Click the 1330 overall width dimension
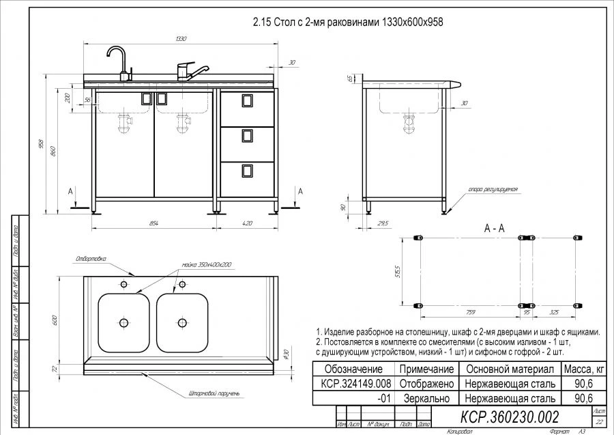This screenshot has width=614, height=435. tap(181, 39)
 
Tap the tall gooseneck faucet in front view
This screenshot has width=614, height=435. tap(117, 61)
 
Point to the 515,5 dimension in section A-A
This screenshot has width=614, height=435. tap(407, 271)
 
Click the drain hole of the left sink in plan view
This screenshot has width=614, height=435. tap(124, 322)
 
